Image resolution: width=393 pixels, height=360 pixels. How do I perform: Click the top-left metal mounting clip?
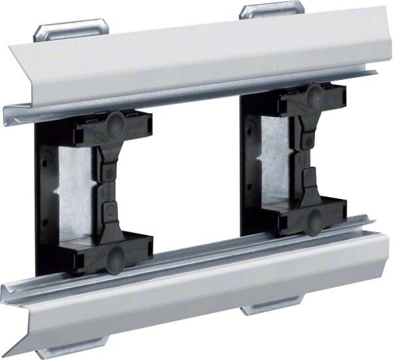click(x=70, y=29)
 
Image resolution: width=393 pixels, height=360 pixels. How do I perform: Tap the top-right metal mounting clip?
click(x=271, y=9)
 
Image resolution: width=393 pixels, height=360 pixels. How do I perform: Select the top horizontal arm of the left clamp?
click(x=113, y=130)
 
